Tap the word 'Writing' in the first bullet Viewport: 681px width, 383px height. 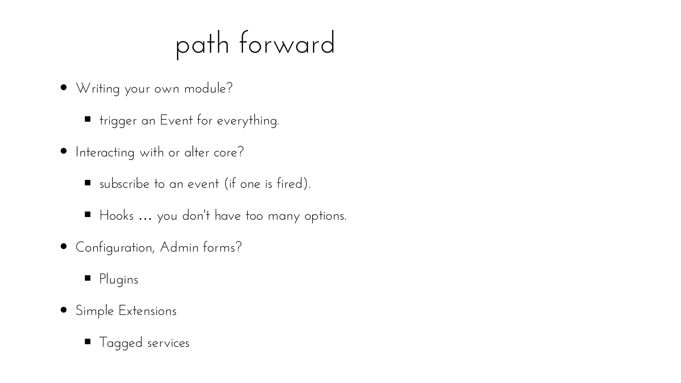point(98,89)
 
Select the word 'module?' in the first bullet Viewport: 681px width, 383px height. point(208,88)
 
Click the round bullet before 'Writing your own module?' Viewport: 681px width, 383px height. point(64,88)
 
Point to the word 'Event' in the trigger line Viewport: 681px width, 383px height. point(176,120)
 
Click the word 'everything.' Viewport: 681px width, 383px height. point(248,121)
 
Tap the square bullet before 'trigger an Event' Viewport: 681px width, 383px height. point(88,119)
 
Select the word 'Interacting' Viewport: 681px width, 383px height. point(105,153)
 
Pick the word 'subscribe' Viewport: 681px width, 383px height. point(124,184)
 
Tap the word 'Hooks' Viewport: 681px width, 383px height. point(116,215)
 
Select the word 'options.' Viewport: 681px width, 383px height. point(326,216)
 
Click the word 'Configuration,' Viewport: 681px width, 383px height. point(115,248)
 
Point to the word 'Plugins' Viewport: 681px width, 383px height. point(119,280)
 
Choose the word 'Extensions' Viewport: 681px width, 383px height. point(147,311)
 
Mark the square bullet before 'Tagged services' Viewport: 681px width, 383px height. point(88,341)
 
